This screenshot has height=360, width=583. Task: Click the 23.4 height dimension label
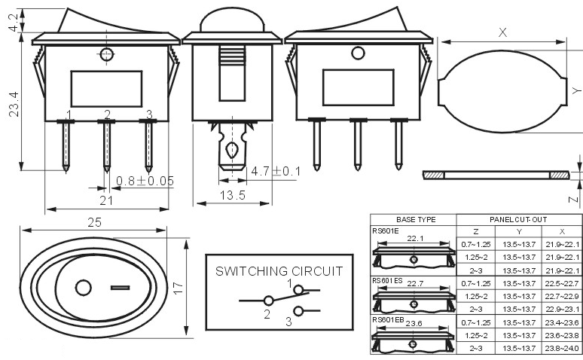pyautogui.click(x=14, y=105)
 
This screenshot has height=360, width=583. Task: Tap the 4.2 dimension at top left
pyautogui.click(x=14, y=23)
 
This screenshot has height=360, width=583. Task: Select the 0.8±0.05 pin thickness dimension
pyautogui.click(x=145, y=181)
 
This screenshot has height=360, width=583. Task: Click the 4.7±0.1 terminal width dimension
pyautogui.click(x=276, y=171)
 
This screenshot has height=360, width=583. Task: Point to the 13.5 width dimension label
pyautogui.click(x=233, y=195)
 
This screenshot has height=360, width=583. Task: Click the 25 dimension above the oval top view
pyautogui.click(x=94, y=222)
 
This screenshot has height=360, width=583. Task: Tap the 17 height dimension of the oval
pyautogui.click(x=179, y=288)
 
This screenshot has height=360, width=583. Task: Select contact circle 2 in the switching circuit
pyautogui.click(x=268, y=301)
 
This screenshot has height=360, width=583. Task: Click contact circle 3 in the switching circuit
pyautogui.click(x=298, y=311)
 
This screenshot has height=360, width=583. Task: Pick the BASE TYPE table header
pyautogui.click(x=416, y=219)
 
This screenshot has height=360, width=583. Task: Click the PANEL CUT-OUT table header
pyautogui.click(x=518, y=219)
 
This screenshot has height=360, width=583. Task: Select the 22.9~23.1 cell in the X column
pyautogui.click(x=562, y=309)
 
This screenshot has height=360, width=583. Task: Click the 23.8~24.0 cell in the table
pyautogui.click(x=562, y=349)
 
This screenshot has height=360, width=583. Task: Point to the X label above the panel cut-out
pyautogui.click(x=502, y=32)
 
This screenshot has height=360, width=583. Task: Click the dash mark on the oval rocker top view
pyautogui.click(x=120, y=288)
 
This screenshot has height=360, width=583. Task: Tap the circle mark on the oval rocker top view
pyautogui.click(x=84, y=288)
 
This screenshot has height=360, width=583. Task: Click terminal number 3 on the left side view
pyautogui.click(x=149, y=114)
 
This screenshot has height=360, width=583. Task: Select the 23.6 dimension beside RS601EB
pyautogui.click(x=414, y=324)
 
